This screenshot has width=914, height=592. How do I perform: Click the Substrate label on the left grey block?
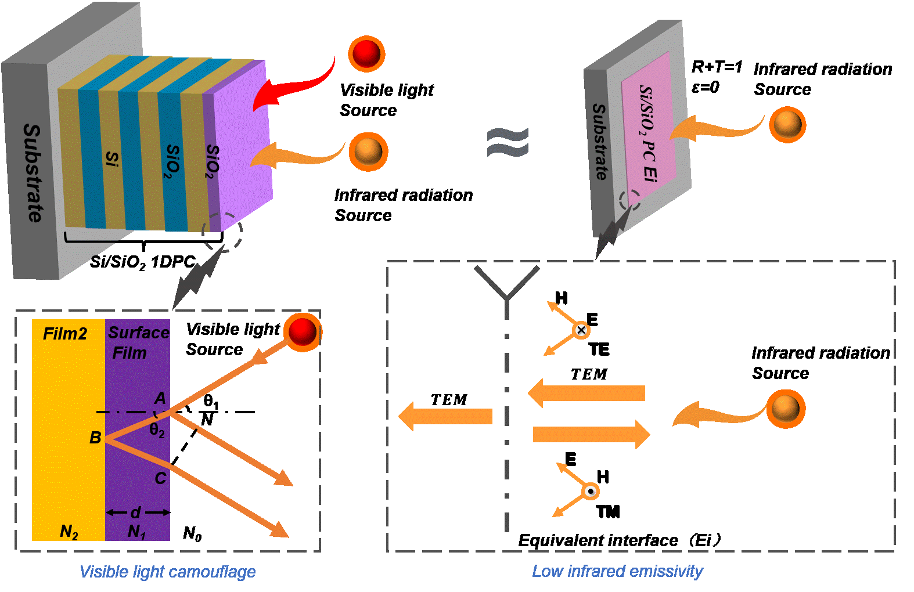[x=33, y=173]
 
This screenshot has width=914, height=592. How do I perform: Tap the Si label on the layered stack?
[x=112, y=158]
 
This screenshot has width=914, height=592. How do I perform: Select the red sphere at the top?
[x=366, y=54]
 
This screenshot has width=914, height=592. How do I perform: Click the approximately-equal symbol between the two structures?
[x=508, y=143]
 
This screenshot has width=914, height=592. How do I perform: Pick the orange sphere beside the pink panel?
[x=787, y=124]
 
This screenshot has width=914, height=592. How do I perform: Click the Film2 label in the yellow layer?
[x=65, y=334]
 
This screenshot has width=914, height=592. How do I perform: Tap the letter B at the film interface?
[x=95, y=438]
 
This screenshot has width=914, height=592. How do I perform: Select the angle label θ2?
[x=157, y=430]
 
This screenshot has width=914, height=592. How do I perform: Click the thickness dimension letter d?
[x=136, y=512]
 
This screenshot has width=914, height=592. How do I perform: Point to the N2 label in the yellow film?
[x=69, y=531]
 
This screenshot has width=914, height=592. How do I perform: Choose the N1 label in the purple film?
[x=136, y=531]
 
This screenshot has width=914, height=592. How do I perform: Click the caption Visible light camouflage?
[x=167, y=572]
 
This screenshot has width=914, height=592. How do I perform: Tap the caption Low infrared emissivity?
[x=617, y=571]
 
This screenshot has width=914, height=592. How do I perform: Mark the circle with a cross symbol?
[x=581, y=330]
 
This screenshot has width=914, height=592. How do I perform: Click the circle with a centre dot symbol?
[x=591, y=492]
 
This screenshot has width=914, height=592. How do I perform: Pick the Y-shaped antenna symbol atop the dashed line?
[x=507, y=284]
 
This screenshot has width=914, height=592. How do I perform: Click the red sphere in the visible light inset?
[x=302, y=332]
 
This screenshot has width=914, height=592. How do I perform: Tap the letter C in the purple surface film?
[x=160, y=478]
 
